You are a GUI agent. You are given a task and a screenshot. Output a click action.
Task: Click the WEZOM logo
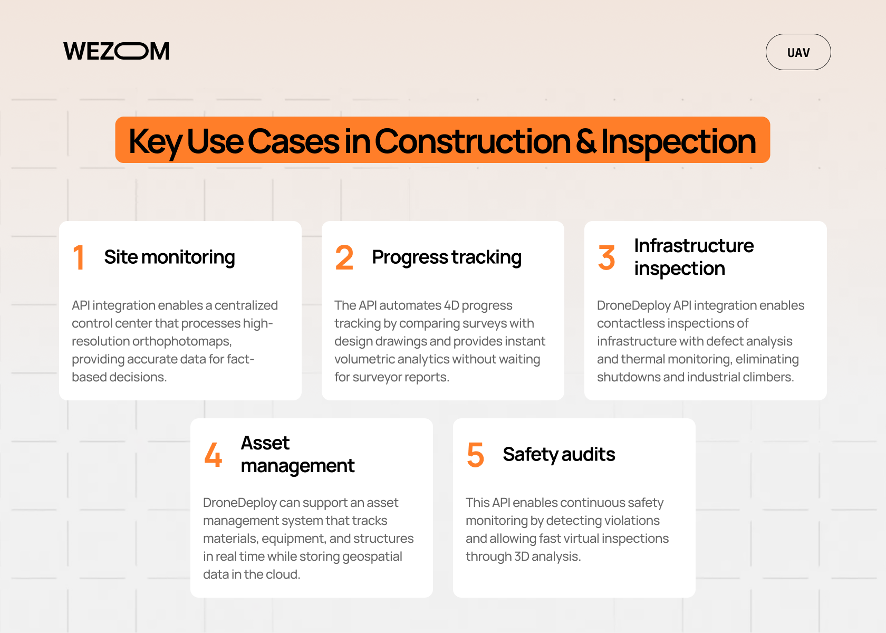coord(117,51)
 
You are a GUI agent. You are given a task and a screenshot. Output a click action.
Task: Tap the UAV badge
coord(798,52)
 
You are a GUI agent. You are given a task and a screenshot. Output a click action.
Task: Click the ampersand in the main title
coord(586,141)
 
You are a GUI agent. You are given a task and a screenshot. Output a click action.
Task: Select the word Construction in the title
coord(473,141)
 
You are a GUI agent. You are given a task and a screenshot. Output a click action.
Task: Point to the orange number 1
coord(79,257)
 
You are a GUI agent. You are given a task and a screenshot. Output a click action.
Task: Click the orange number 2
coord(344,257)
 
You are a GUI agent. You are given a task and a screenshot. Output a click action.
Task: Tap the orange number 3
coord(606,257)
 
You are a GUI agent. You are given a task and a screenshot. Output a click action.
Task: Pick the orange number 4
coord(213,455)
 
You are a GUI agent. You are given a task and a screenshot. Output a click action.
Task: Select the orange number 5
coord(475,455)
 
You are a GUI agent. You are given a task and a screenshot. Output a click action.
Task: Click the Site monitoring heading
coord(169,257)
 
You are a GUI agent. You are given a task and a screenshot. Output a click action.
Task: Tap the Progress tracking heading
coord(446,257)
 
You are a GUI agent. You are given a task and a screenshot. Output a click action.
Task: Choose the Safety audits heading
coord(559,455)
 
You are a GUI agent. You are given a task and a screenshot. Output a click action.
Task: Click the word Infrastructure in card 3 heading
coord(694,246)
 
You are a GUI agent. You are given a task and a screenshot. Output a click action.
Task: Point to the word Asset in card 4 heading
coord(265,443)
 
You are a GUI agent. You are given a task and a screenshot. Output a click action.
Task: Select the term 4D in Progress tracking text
coord(451,305)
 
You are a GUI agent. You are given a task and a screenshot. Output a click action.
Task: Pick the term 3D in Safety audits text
coord(522,557)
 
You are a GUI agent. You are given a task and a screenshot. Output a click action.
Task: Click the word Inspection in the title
coord(678,141)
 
